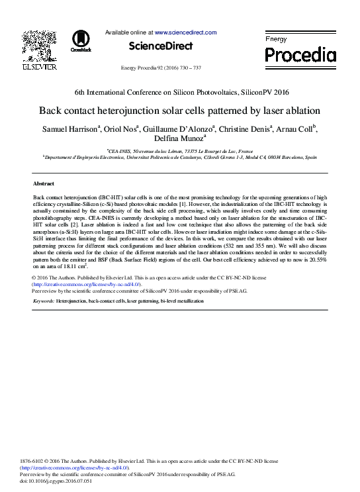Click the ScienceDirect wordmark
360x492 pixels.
coord(161,46)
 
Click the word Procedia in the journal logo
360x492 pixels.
coord(300,55)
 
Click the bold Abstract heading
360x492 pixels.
coord(44,183)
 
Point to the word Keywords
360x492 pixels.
coord(43,301)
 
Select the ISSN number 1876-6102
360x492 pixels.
coord(34,462)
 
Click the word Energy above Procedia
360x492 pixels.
coord(277,40)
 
